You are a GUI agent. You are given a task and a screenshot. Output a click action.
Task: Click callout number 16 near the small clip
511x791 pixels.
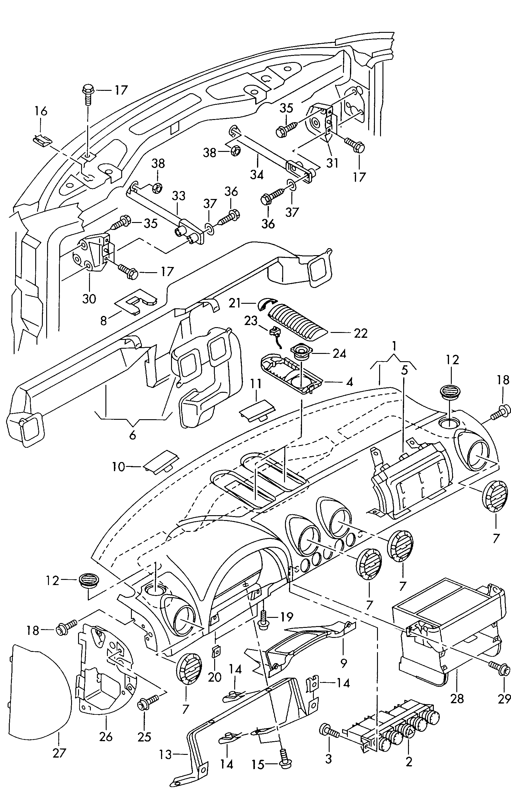pos(41,111)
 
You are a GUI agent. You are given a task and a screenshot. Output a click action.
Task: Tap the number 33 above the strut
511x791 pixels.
pos(178,196)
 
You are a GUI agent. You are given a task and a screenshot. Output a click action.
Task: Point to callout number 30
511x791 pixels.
pos(89,299)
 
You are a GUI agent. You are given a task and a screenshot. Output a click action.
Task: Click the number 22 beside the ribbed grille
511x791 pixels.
pos(361,333)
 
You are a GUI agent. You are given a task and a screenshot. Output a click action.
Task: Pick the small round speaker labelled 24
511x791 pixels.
pos(301,352)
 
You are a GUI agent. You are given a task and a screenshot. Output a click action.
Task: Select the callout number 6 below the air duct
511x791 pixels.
pos(132,435)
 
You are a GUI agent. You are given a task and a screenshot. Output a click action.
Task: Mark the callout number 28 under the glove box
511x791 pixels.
pos(457,698)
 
